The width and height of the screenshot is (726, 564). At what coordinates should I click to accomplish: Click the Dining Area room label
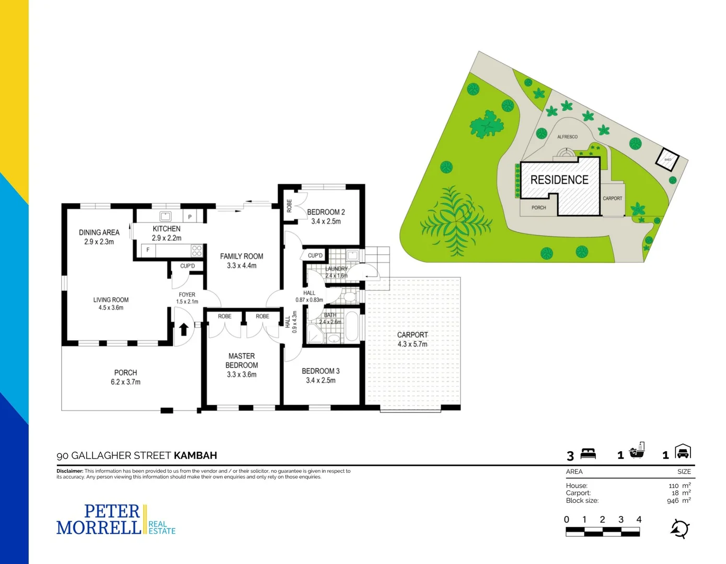(99, 237)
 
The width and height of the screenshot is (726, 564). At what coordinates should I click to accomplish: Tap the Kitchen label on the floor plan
(167, 233)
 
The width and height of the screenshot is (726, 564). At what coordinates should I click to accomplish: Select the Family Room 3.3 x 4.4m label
(241, 261)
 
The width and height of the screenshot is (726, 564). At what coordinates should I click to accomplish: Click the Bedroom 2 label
(326, 216)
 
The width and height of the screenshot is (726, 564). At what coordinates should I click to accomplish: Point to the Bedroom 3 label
(320, 375)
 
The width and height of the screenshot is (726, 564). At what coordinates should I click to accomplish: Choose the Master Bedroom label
(241, 365)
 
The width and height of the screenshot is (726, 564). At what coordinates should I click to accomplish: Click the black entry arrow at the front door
(183, 329)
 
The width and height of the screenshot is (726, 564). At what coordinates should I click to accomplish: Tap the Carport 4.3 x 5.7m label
(412, 339)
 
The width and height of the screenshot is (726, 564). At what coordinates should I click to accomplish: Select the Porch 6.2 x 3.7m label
(125, 377)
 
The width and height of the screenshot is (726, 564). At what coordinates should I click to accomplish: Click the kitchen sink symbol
(165, 216)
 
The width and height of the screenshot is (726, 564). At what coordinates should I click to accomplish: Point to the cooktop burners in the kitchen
(197, 251)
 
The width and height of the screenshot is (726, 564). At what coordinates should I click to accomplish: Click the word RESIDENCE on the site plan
(559, 180)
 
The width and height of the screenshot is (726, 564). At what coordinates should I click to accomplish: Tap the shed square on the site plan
(667, 160)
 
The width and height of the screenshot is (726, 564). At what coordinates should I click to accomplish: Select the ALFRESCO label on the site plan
(567, 137)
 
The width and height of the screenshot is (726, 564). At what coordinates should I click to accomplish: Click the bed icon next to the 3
(588, 453)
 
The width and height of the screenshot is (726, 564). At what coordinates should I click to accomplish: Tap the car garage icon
(683, 452)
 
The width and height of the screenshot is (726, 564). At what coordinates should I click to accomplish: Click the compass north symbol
(680, 529)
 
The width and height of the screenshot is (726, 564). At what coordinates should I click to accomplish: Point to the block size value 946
(673, 501)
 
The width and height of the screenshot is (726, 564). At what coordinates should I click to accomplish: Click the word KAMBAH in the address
(195, 455)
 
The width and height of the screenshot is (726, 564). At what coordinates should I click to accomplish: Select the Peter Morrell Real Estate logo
(116, 520)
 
